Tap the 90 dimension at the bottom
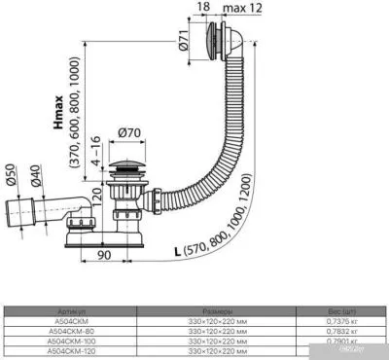coord(130,256)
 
